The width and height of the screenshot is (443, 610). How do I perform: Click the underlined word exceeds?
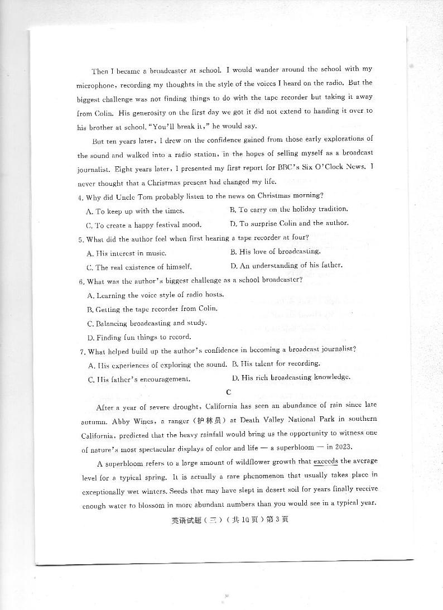326,462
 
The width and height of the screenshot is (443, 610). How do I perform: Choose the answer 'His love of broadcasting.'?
275,252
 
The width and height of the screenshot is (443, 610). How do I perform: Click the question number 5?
81,239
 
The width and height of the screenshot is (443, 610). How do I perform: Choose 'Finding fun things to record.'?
139,337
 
